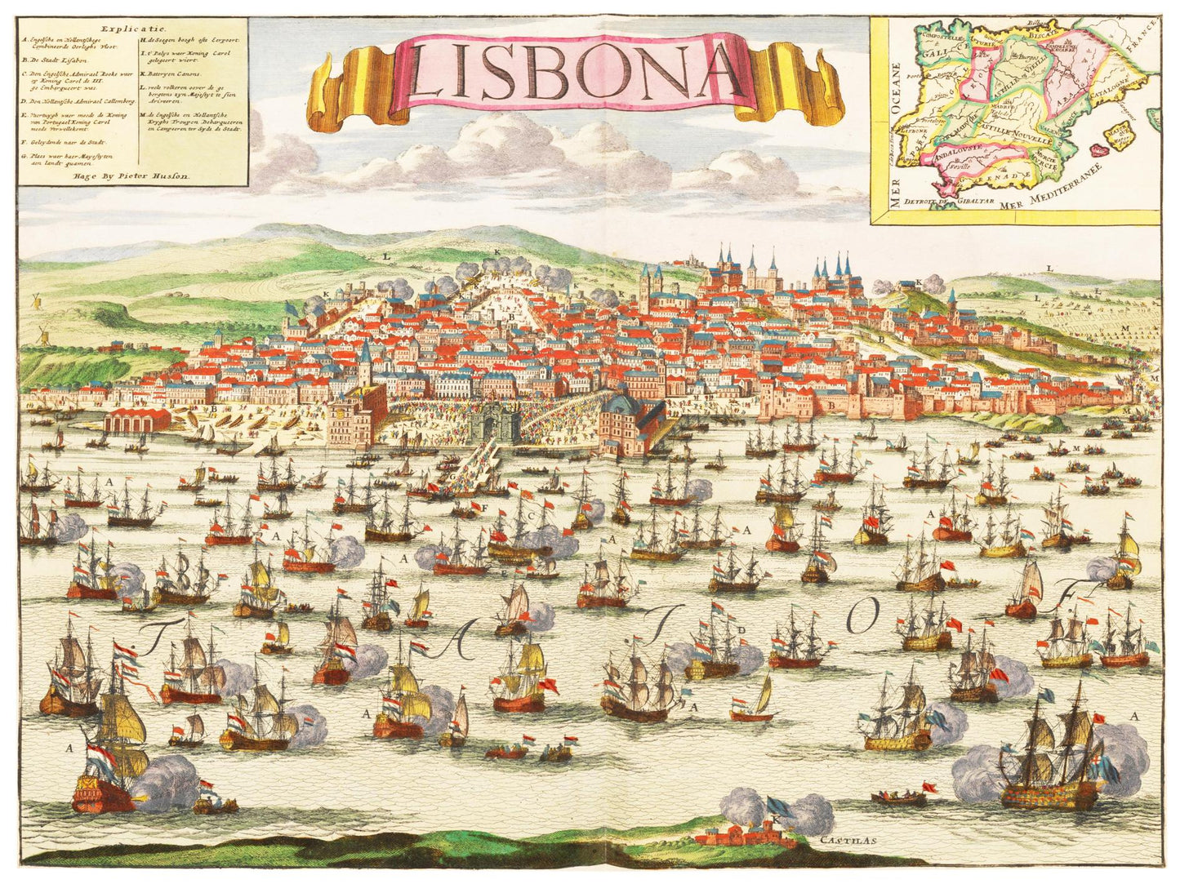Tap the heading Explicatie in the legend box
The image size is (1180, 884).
(x=133, y=26)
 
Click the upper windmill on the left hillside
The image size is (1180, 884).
(x=35, y=300)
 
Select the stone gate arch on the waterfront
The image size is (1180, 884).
(x=494, y=427)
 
